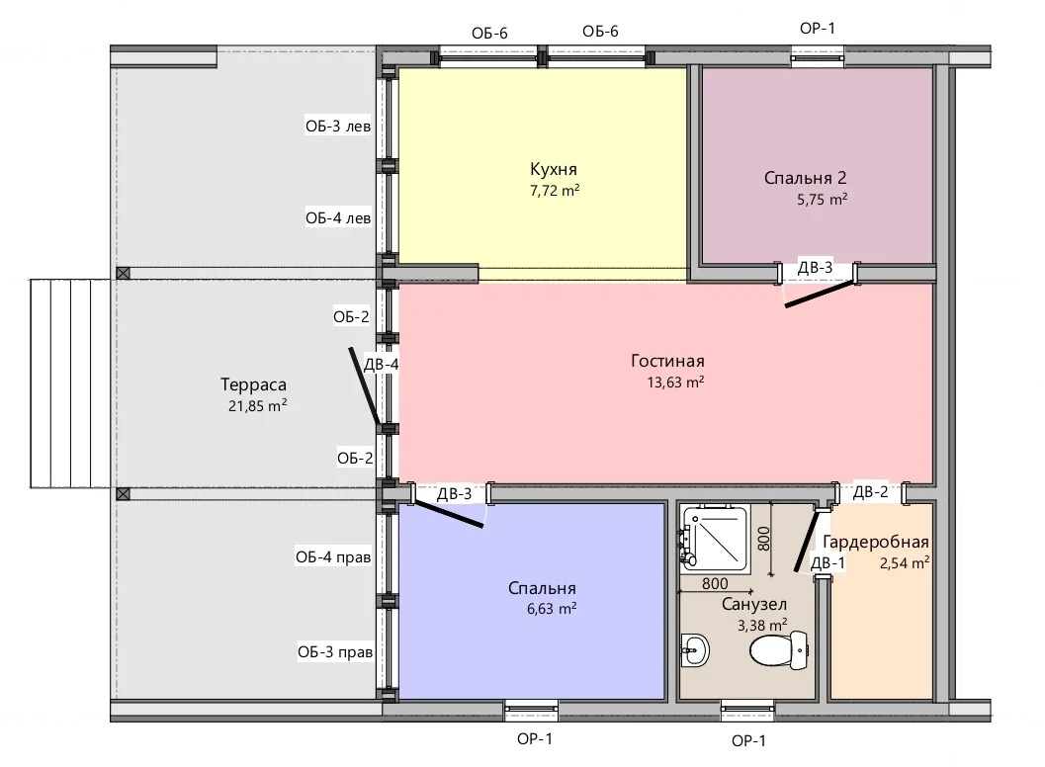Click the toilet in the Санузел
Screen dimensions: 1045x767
tap(779, 650)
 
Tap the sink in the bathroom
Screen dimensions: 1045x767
tap(695, 648)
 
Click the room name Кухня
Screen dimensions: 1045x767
tap(554, 169)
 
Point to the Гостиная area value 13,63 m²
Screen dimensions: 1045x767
tap(675, 382)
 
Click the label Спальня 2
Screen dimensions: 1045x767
tap(805, 178)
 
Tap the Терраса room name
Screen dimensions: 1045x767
tap(253, 384)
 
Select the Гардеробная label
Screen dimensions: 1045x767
tap(876, 542)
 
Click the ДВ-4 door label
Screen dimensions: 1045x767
tap(382, 365)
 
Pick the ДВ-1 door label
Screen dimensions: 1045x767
tap(827, 563)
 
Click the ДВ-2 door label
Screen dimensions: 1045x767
tap(870, 492)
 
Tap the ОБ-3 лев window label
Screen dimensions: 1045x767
tap(338, 127)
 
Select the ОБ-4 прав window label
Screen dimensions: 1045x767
tap(332, 557)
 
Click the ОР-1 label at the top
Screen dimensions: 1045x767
tap(817, 28)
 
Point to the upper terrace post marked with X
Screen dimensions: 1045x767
tap(123, 273)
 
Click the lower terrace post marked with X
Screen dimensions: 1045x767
tap(123, 494)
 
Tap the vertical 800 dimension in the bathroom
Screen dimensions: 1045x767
tap(764, 539)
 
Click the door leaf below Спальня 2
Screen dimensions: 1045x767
tap(820, 295)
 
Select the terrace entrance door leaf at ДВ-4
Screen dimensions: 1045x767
tap(365, 385)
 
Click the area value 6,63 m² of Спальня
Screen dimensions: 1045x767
tap(551, 609)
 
